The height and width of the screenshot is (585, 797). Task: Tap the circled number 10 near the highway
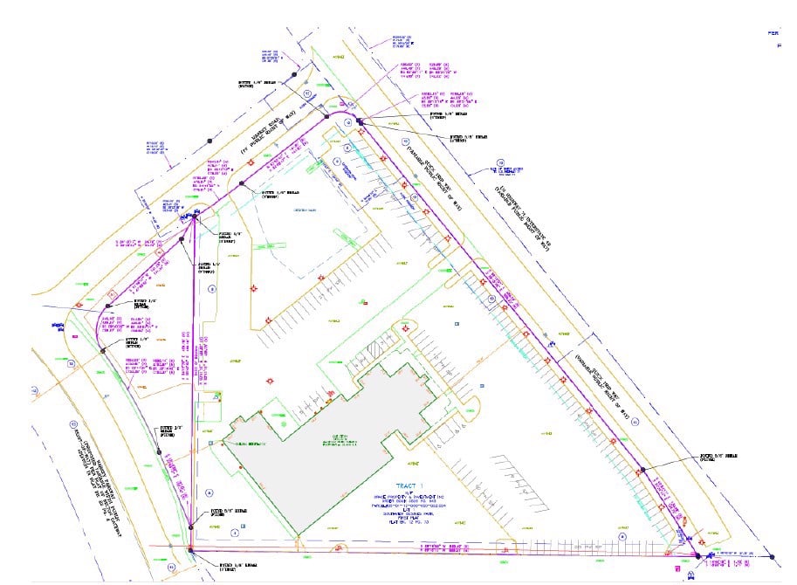click(x=501, y=162)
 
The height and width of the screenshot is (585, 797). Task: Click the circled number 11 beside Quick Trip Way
click(x=635, y=423)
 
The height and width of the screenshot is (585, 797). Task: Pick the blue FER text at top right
click(x=773, y=32)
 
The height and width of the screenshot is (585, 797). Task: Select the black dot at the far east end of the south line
click(x=773, y=555)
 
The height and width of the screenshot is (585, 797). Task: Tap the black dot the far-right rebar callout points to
click(x=642, y=470)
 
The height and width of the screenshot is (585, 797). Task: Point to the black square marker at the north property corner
click(x=359, y=120)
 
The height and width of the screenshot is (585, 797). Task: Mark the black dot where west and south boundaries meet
click(x=191, y=547)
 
